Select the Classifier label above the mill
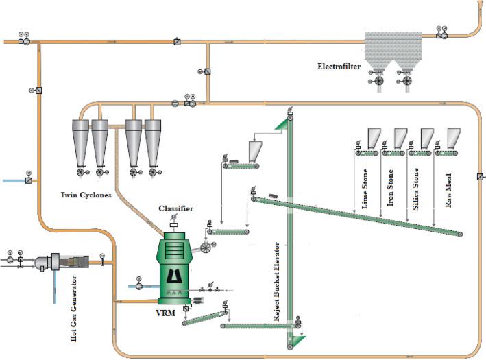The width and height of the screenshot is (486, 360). click(x=175, y=208)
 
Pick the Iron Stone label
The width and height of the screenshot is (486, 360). click(x=390, y=188)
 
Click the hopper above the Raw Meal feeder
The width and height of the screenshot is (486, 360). click(x=452, y=138)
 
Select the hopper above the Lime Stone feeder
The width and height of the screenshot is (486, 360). click(x=375, y=138)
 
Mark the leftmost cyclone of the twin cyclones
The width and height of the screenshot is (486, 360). click(x=81, y=141)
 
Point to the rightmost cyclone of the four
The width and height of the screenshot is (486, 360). click(x=154, y=141)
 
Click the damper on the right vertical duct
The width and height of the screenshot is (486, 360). click(x=479, y=176)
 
